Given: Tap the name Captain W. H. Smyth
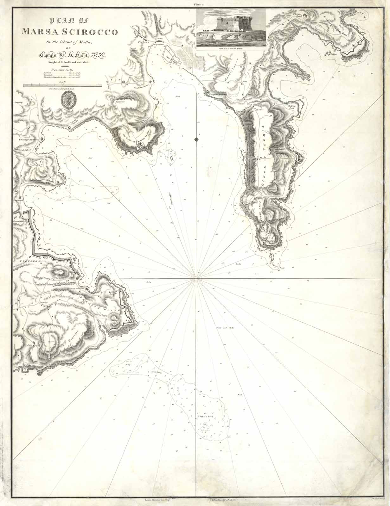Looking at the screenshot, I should tap(73, 55).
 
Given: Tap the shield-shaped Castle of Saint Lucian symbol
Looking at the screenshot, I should tap(140, 145).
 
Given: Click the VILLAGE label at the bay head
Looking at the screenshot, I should tap(142, 41).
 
